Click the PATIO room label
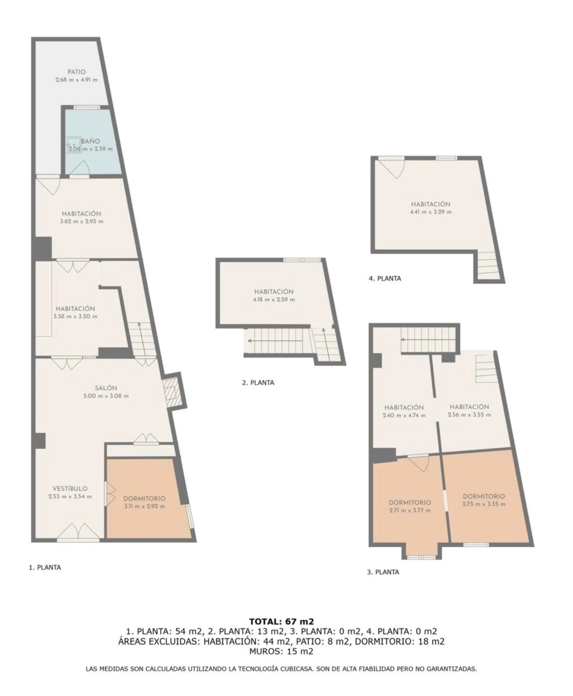coord(77,72)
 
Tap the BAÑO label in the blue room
coord(90,141)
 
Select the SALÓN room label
coord(106,388)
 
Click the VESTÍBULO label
coord(70,489)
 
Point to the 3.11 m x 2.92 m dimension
coord(144,506)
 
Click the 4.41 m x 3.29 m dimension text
coord(431,212)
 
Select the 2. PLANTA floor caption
coord(258,383)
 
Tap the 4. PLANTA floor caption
coord(385,279)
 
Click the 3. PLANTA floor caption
coord(383,572)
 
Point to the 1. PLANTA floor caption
coord(45,567)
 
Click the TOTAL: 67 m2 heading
coord(282,621)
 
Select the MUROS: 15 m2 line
coord(281,651)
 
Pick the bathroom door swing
coord(79,168)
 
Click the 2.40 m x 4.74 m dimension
coord(404,416)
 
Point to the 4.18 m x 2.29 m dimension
coord(274,300)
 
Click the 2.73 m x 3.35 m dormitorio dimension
coord(484,504)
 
